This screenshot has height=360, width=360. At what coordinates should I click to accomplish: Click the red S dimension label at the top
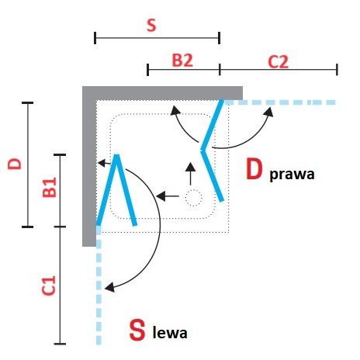pos(151,25)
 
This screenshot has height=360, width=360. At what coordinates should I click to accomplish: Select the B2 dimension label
pos(182,61)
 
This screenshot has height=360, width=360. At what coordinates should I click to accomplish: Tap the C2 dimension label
pos(278,62)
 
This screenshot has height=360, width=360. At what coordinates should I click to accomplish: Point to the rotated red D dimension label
pos(15,164)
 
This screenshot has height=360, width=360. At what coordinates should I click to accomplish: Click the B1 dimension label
pos(50,187)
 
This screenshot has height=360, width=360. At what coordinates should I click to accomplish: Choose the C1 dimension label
pos(49,286)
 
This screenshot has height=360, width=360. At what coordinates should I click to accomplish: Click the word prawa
pos(292,175)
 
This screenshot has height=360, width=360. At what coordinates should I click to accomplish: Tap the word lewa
pos(170,333)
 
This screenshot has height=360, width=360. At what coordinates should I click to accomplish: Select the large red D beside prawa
pos(254,169)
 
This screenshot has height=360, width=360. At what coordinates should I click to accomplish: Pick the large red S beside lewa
pos(137,330)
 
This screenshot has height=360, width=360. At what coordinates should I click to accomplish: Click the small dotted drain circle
pos(193,198)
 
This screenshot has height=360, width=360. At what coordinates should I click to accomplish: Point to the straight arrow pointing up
pos(191,174)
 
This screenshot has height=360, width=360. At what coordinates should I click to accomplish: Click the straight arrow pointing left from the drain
pos(168,196)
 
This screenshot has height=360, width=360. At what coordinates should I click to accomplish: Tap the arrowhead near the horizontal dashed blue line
pos(269,112)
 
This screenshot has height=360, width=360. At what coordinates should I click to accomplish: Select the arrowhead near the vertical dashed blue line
pos(109,287)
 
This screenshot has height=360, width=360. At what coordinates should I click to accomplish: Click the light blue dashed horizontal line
pos(279,102)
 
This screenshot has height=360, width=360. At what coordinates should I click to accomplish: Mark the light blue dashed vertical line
pos(99,285)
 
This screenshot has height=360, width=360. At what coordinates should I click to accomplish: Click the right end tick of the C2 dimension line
pos(337,70)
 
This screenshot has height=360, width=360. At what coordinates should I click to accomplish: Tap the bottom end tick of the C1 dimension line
pos(60,344)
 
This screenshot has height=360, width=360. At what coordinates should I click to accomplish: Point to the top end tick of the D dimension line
pos(28,103)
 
